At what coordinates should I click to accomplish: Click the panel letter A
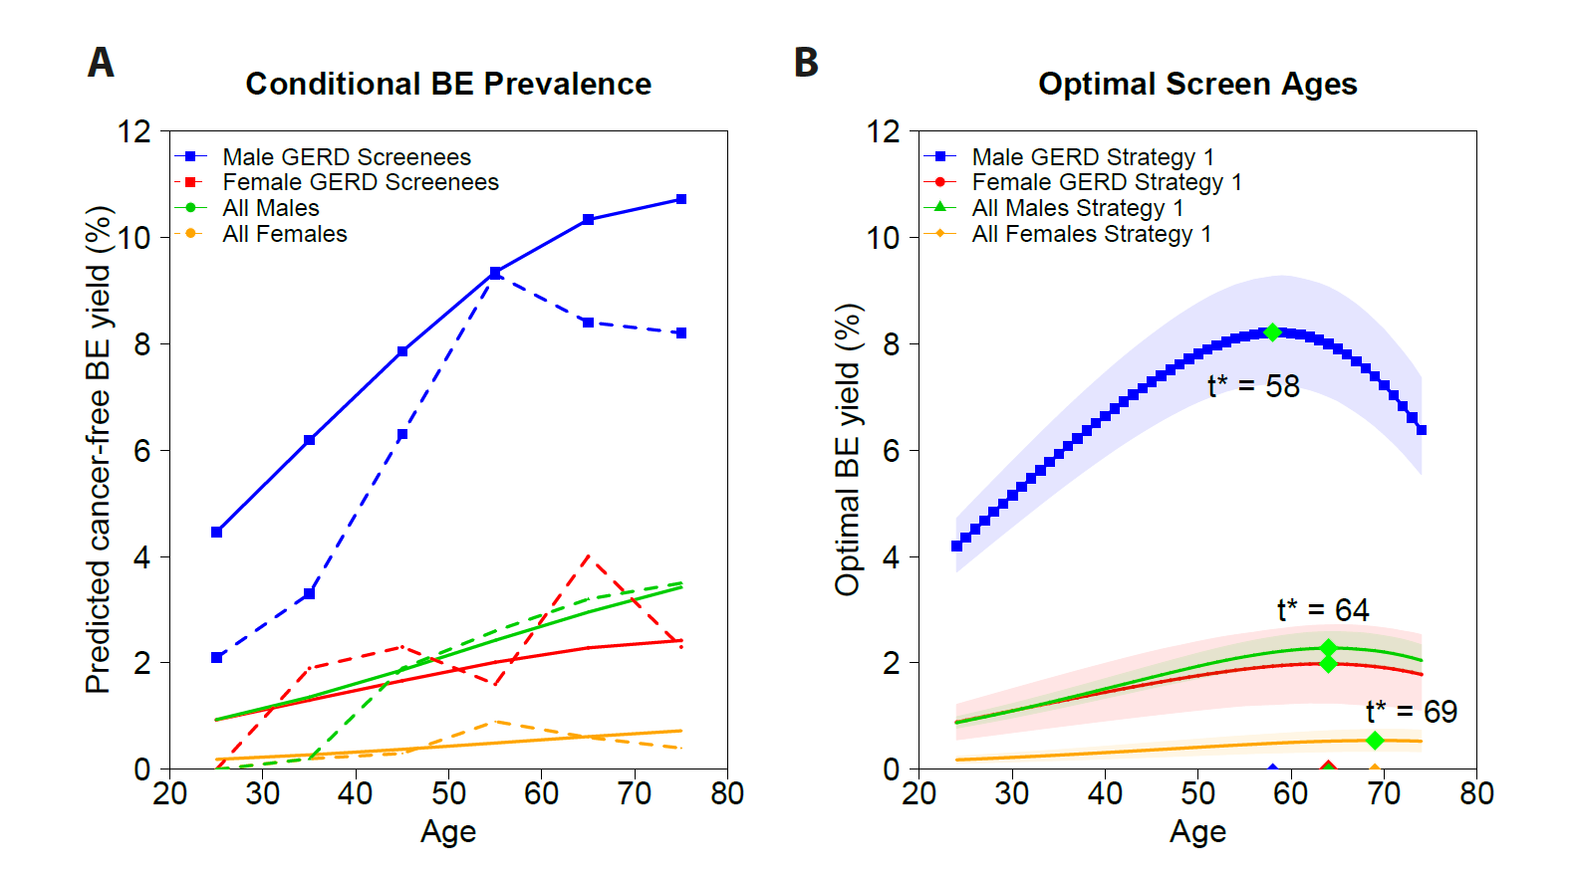click(x=101, y=63)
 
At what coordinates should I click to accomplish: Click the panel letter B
click(x=806, y=63)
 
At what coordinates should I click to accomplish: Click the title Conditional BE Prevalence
click(x=448, y=85)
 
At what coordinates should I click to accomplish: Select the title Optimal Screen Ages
click(x=1197, y=85)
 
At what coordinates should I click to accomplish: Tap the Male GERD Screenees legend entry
click(x=346, y=157)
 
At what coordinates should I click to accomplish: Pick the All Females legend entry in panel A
click(x=284, y=234)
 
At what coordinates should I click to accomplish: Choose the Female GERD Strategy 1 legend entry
click(x=1106, y=182)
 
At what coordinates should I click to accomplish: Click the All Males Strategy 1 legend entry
click(x=1077, y=208)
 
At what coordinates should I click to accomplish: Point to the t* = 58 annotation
click(x=1253, y=386)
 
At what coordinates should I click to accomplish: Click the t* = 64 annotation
click(x=1323, y=610)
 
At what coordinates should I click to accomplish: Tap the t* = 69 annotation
click(x=1411, y=712)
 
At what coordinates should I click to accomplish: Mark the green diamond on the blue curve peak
click(x=1272, y=332)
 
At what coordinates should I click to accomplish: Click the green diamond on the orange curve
click(x=1375, y=741)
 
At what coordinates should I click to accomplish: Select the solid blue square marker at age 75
click(x=681, y=200)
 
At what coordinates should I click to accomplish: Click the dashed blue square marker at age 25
click(x=217, y=657)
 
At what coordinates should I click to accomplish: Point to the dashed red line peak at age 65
click(x=588, y=556)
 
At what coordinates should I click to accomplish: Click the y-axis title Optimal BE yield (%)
click(x=848, y=450)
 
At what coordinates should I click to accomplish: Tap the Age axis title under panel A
click(x=448, y=831)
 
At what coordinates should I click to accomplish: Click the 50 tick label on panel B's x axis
click(x=1197, y=794)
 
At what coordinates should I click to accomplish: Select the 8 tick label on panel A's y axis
click(x=141, y=344)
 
